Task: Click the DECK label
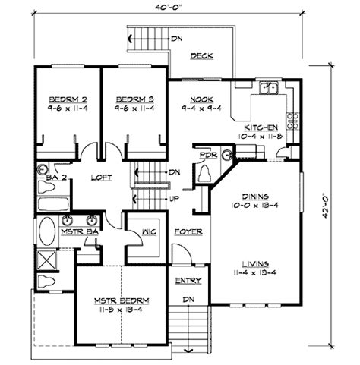tap(201, 56)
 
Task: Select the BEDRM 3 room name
tap(134, 99)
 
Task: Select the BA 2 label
tap(47, 178)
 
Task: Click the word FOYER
tap(187, 231)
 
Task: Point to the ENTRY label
tap(187, 282)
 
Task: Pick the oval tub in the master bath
tap(47, 232)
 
